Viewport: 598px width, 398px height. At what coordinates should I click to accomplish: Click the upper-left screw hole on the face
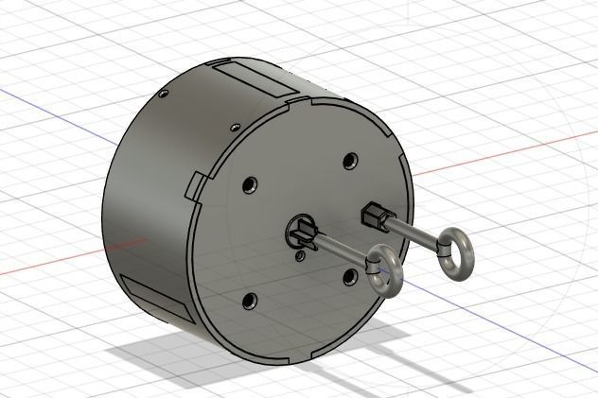point(251,183)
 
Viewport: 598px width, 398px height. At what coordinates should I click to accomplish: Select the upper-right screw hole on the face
point(351,161)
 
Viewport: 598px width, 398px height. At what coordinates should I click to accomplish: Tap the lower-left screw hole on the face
point(250,303)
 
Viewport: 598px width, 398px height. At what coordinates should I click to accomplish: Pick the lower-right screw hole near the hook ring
point(351,276)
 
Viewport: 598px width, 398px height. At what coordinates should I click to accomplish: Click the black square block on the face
point(374,216)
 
